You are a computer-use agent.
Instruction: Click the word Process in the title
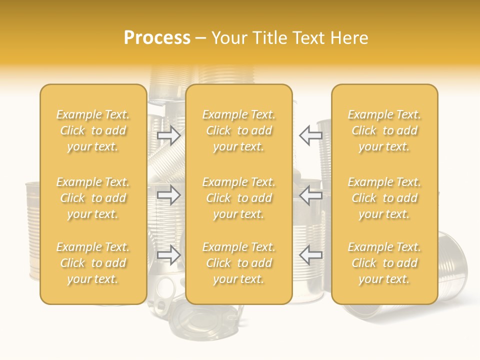click(x=157, y=38)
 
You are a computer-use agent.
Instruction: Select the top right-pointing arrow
click(x=168, y=135)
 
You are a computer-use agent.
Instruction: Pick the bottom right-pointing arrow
click(x=168, y=255)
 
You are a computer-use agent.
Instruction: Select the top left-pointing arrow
click(x=311, y=135)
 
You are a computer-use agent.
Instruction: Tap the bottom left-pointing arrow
click(x=311, y=255)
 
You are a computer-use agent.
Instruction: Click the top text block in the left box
click(x=93, y=130)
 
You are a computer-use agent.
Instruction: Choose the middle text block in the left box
click(x=93, y=198)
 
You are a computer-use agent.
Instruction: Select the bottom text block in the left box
click(x=93, y=263)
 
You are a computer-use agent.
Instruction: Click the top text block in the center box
click(x=238, y=130)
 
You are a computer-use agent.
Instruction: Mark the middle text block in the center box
click(x=238, y=198)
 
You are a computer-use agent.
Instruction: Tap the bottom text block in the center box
click(x=238, y=263)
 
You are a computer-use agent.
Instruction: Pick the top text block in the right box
click(x=384, y=130)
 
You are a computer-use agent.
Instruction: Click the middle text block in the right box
click(x=384, y=198)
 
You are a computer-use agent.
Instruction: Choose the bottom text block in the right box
click(x=384, y=263)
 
